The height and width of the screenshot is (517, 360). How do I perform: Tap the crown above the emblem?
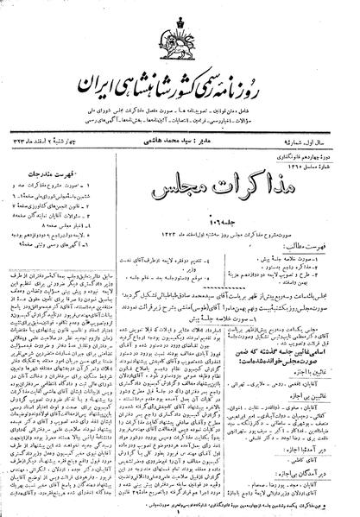(179, 16)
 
